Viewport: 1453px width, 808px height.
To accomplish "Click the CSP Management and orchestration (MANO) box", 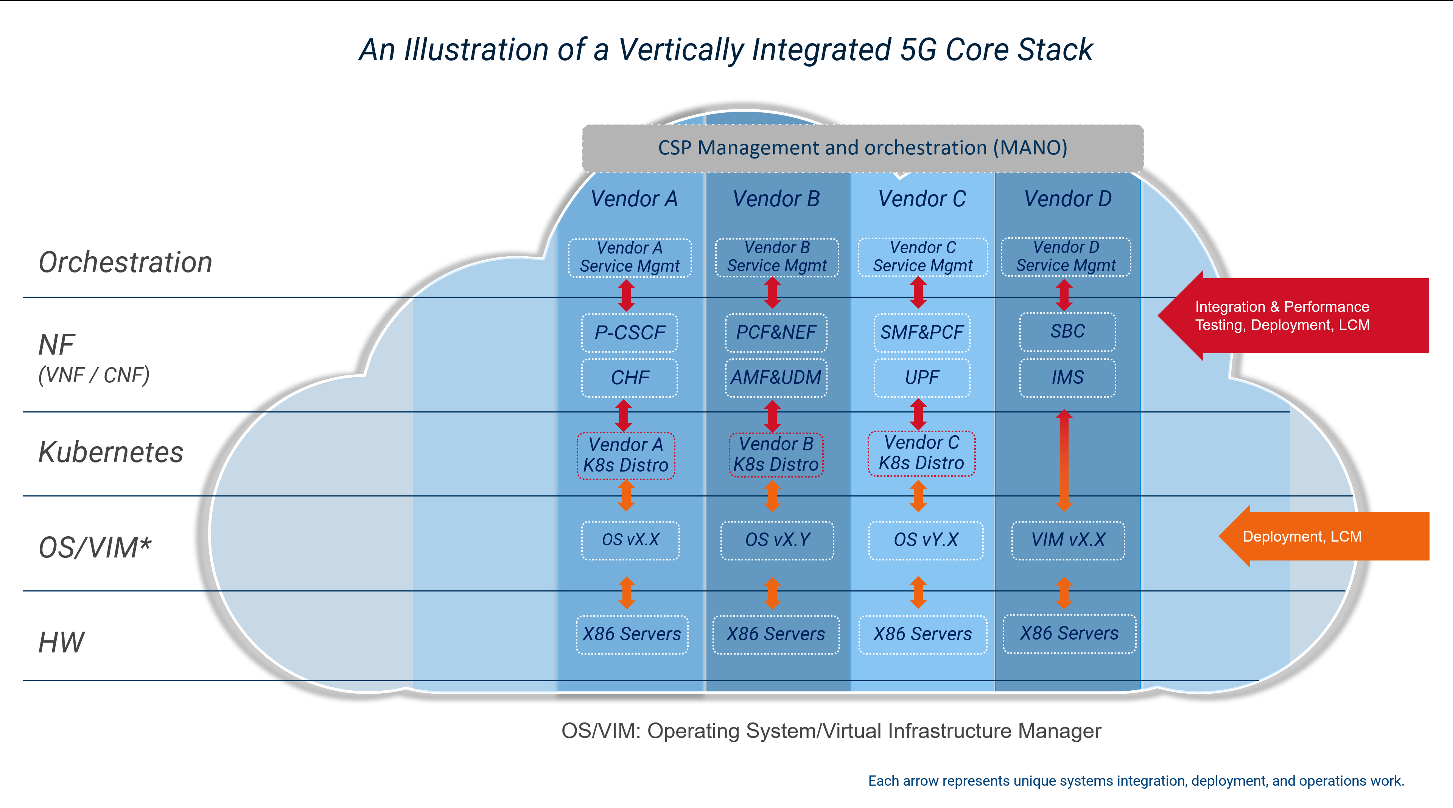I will point(862,148).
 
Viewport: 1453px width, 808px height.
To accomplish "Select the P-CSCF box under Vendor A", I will point(630,332).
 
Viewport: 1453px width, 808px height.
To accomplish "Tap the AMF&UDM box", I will point(776,377).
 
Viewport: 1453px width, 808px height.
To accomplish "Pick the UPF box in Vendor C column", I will point(922,377).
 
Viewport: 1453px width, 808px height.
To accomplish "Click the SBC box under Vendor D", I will point(1067,331).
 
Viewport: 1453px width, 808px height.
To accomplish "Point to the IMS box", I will point(1067,377).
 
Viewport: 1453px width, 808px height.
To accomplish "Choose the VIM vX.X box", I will point(1068,540).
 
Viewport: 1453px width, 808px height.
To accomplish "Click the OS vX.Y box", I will point(777,540).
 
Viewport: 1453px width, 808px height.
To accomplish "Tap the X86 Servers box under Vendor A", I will point(632,634).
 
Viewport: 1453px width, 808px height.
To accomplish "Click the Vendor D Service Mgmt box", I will point(1066,257).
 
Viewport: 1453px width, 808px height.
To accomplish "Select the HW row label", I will point(61,643).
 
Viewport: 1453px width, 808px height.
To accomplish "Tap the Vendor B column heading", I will point(776,199).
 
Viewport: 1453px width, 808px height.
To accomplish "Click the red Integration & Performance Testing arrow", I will point(1292,316).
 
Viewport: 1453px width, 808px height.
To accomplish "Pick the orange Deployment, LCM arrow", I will point(1320,537).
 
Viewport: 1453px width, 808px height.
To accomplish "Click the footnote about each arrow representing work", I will point(1136,781).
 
